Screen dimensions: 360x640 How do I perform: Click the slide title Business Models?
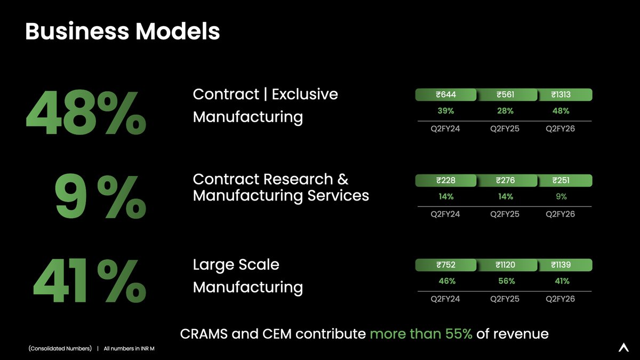[122, 32]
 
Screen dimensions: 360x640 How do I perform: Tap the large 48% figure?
[85, 114]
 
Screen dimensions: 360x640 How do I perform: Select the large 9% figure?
[100, 198]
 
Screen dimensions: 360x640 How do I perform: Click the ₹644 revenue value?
[446, 95]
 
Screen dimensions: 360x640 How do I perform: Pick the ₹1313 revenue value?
[561, 95]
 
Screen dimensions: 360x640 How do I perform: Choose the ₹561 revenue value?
[505, 95]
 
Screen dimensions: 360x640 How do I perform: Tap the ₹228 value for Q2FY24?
[446, 180]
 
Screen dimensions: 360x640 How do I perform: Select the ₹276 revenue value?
[505, 180]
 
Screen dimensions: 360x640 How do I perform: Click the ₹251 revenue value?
[561, 180]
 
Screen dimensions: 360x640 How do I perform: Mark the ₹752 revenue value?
[446, 265]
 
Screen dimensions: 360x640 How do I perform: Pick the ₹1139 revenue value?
[561, 265]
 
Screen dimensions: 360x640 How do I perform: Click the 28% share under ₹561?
[505, 111]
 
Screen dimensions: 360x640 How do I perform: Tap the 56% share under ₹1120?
[506, 281]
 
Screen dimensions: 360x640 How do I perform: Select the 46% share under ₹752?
[446, 281]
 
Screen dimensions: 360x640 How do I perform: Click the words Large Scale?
[236, 265]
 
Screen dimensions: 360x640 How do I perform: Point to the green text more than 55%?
[421, 334]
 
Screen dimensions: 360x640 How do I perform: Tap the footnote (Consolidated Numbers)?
[60, 349]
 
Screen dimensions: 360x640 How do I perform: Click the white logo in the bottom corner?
[623, 347]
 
